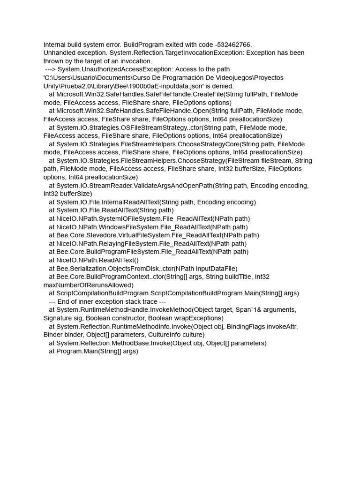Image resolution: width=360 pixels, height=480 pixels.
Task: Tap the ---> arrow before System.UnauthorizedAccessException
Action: [50, 69]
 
